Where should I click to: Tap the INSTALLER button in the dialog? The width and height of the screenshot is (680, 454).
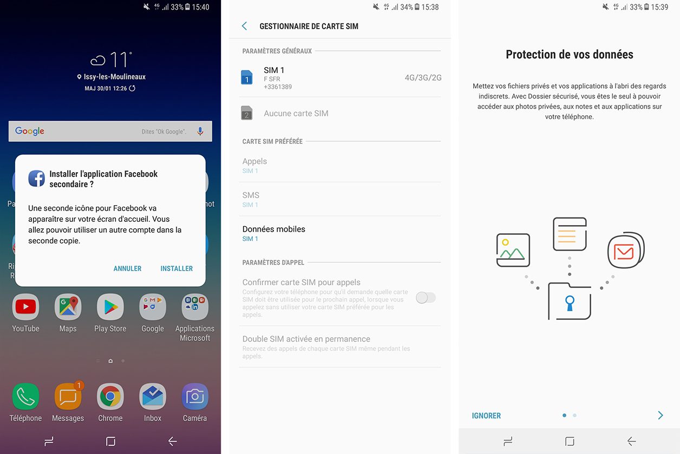pyautogui.click(x=176, y=268)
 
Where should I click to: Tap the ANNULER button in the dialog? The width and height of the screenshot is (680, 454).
pyautogui.click(x=127, y=268)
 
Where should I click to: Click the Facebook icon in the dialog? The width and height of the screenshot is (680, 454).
pyautogui.click(x=37, y=178)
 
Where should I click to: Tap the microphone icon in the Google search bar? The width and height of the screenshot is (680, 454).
pyautogui.click(x=200, y=131)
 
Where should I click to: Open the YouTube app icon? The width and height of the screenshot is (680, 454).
pyautogui.click(x=25, y=307)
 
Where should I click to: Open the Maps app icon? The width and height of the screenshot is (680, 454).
pyautogui.click(x=68, y=307)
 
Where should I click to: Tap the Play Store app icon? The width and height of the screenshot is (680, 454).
pyautogui.click(x=110, y=307)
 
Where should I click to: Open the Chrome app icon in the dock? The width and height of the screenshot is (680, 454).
pyautogui.click(x=110, y=397)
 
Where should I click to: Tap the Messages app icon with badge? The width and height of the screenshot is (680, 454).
pyautogui.click(x=68, y=397)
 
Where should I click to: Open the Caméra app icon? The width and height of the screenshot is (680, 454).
pyautogui.click(x=195, y=397)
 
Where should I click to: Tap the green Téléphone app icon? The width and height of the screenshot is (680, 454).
pyautogui.click(x=25, y=397)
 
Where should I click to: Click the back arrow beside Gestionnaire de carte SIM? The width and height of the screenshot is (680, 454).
pyautogui.click(x=245, y=26)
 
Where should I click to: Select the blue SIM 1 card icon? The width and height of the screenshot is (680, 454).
pyautogui.click(x=247, y=77)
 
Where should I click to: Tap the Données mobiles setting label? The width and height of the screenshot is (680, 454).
pyautogui.click(x=274, y=229)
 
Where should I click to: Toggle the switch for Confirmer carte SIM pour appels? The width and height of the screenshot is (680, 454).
pyautogui.click(x=426, y=297)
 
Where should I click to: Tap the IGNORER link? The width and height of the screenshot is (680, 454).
pyautogui.click(x=486, y=416)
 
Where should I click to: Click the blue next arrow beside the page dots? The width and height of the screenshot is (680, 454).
pyautogui.click(x=661, y=415)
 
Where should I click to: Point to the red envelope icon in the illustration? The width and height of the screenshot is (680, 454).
pyautogui.click(x=624, y=251)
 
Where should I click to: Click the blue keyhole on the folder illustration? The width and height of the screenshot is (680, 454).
pyautogui.click(x=569, y=303)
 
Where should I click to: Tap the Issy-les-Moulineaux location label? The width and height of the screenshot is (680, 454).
pyautogui.click(x=114, y=77)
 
